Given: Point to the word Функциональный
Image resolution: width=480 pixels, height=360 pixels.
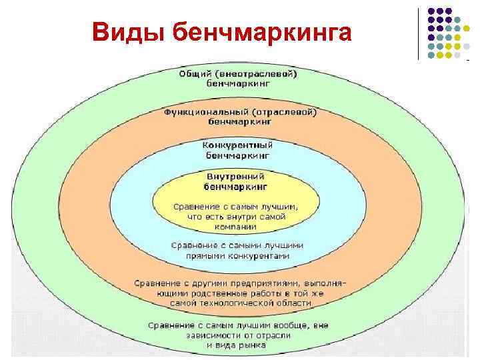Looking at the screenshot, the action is point(203,112).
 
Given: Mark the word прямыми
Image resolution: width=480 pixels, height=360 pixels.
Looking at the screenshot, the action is point(209,255).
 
